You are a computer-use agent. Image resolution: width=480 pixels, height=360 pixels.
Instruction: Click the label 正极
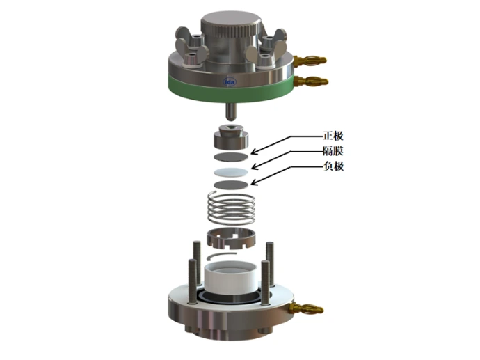coord(333,136)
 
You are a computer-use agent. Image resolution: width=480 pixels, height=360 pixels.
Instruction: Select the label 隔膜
coord(333,150)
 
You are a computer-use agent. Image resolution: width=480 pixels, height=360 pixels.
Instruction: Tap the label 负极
coord(333,166)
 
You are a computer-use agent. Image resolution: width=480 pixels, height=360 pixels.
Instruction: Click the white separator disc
coord(231,173)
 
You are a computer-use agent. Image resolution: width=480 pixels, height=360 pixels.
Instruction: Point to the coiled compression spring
coord(231,208)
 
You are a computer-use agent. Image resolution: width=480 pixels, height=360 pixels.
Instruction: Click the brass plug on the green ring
coord(311,81)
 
